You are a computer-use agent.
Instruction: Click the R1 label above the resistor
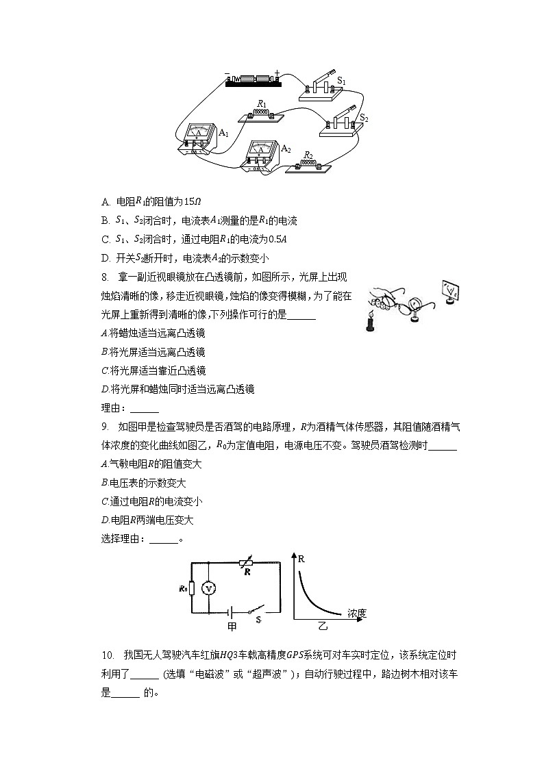click(x=260, y=104)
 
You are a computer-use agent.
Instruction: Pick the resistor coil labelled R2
click(x=309, y=164)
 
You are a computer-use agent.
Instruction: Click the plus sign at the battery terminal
click(x=277, y=73)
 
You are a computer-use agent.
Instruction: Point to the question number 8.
click(x=104, y=277)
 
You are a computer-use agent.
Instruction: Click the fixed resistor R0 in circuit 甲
click(x=193, y=588)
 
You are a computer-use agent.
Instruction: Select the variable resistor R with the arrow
click(x=245, y=563)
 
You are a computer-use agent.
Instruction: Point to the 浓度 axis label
click(x=357, y=612)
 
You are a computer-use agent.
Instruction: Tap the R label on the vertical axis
click(x=301, y=559)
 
